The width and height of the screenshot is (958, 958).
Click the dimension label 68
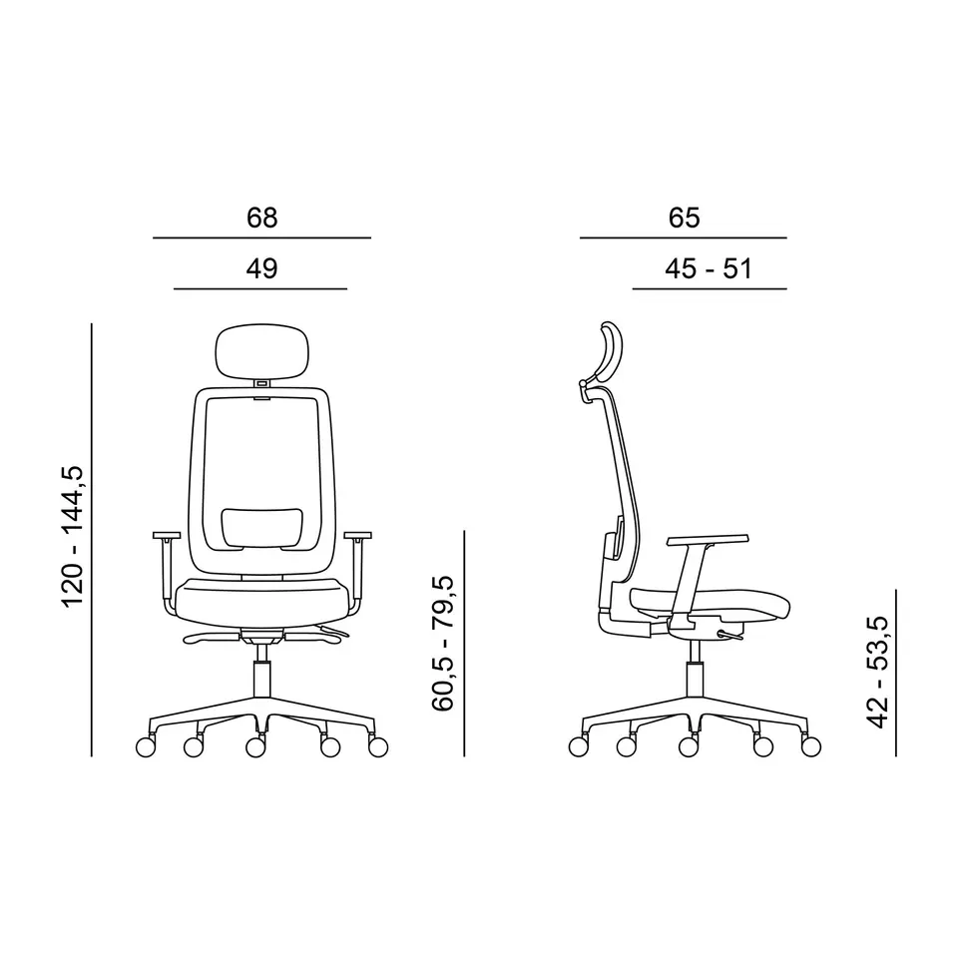(262, 218)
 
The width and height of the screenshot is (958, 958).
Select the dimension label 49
(262, 268)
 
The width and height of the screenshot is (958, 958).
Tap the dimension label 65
(684, 218)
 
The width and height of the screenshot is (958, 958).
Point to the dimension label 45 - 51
(709, 268)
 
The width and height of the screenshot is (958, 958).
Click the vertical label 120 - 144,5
(73, 537)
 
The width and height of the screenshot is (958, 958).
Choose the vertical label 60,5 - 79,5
(443, 644)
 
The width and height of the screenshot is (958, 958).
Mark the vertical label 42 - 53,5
(877, 672)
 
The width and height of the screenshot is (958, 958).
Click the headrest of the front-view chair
(262, 350)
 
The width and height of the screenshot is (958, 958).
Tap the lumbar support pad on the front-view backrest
(262, 527)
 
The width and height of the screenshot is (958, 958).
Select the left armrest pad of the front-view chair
(167, 536)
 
